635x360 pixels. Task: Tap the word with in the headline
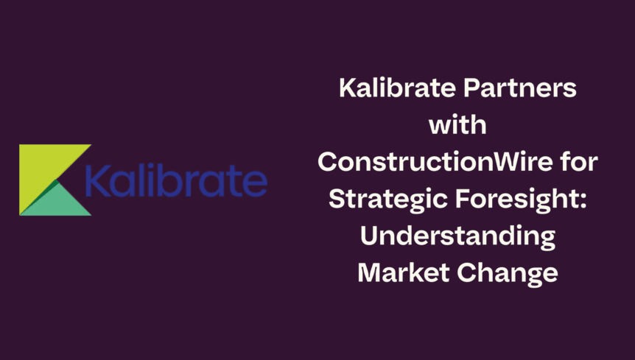457,127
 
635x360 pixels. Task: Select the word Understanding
457,237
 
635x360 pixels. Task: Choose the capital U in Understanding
371,237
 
